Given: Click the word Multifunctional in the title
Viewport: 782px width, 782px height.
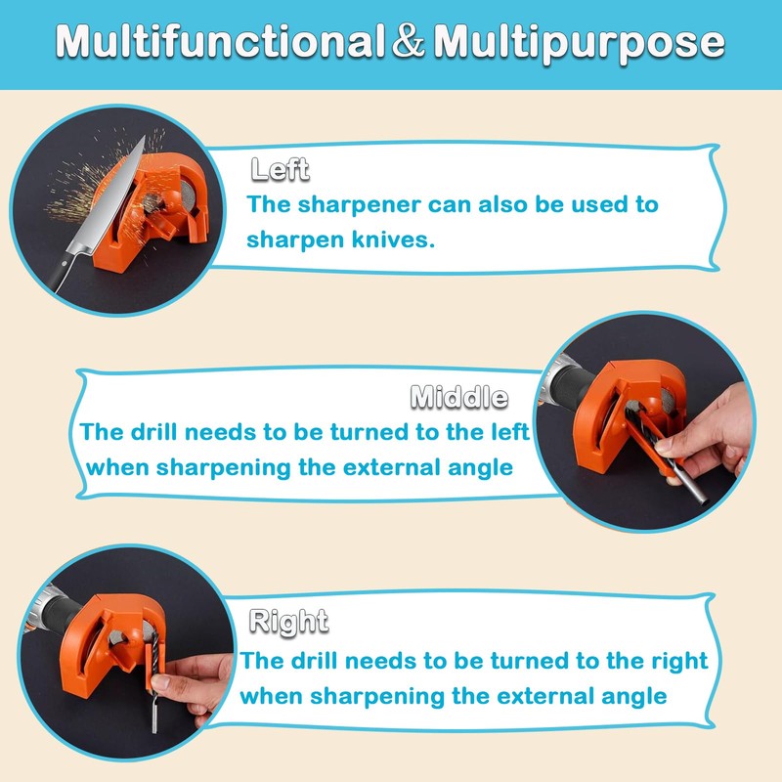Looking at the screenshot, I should point(217,42).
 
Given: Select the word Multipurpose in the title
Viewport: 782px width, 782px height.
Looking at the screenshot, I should point(579,42).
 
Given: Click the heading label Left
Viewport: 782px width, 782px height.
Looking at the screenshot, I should point(280,169).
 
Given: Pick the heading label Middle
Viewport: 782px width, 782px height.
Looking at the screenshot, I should point(458,397).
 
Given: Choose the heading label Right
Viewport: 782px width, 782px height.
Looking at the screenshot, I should point(288,621).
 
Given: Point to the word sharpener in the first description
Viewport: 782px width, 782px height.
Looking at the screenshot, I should point(369,204).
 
